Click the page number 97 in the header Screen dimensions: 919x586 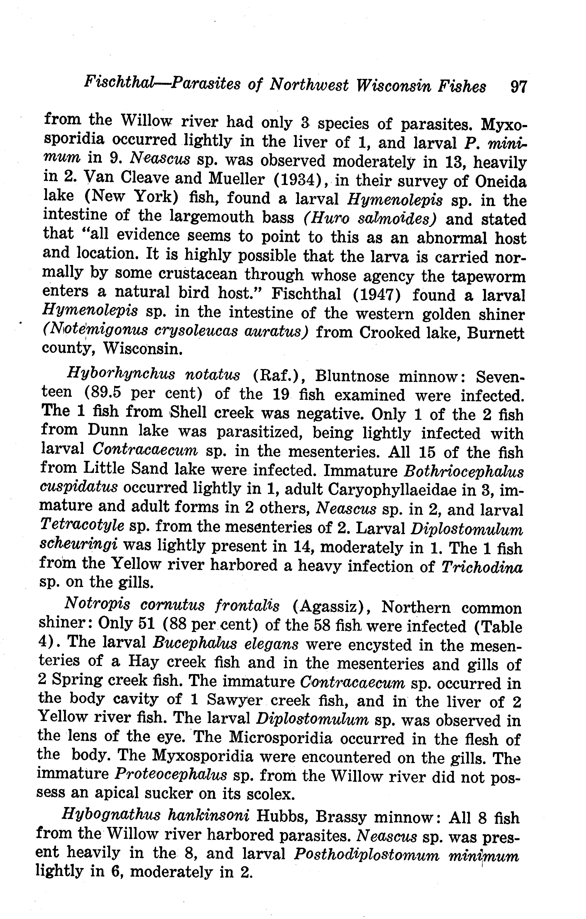coord(518,87)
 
